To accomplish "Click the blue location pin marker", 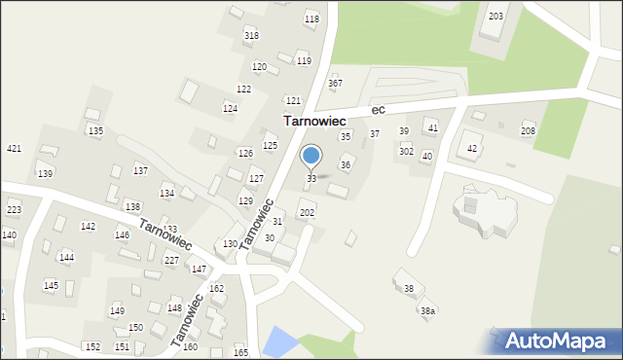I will (x=311, y=156).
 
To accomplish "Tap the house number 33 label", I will (x=311, y=179).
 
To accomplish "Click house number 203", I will (x=495, y=17).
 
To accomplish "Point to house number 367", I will (x=335, y=84).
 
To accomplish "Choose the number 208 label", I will (x=528, y=131).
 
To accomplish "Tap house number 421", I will (x=14, y=149).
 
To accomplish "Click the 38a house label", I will (x=427, y=310).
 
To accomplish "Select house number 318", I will (x=251, y=36).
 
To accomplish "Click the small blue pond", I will (x=280, y=341).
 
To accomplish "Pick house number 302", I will (x=406, y=152).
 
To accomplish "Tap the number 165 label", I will (x=240, y=352).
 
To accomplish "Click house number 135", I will (x=95, y=130).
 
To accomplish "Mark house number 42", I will (x=472, y=149).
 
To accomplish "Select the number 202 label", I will (x=307, y=212).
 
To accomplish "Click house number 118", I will (x=311, y=19).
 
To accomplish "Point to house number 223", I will (x=14, y=210).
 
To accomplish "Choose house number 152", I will (x=92, y=347).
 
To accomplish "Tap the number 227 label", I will (x=171, y=260).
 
